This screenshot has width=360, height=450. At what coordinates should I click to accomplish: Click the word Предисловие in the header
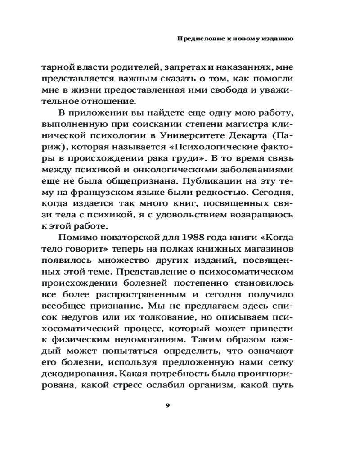194,39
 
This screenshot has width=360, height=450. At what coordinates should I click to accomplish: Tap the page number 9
167,405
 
